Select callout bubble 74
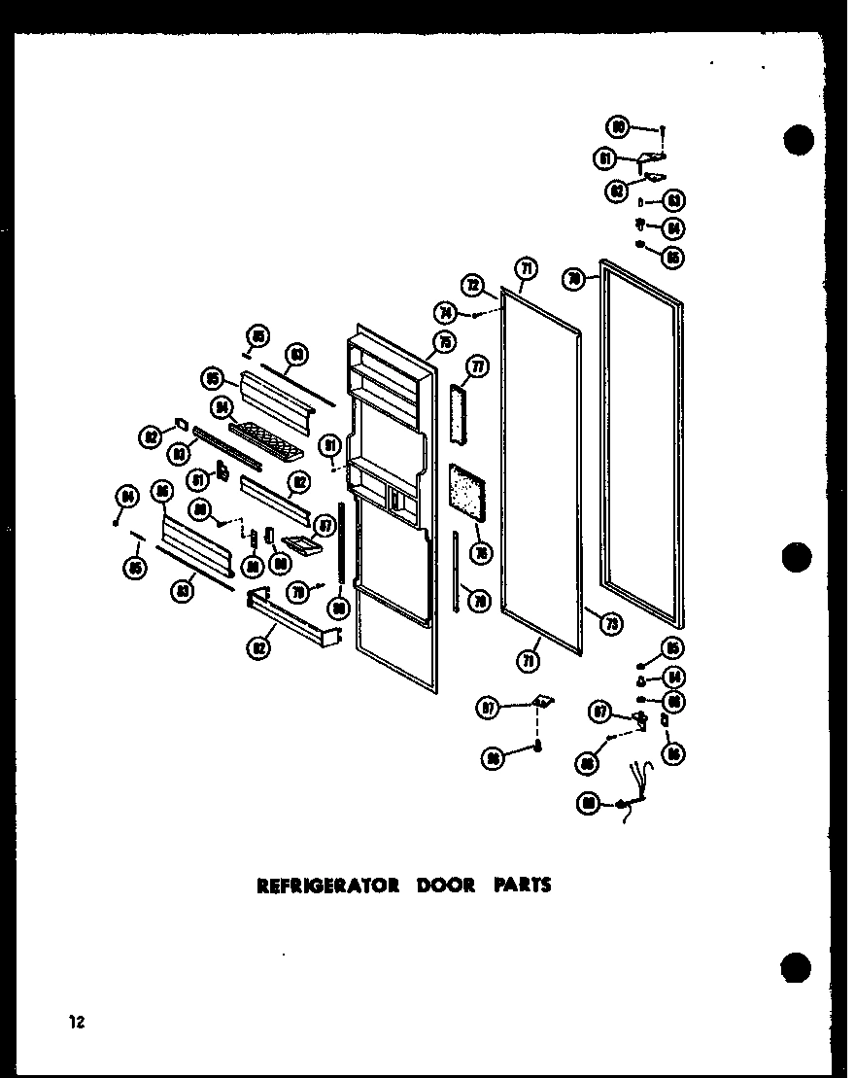pos(448,312)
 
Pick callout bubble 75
pos(445,341)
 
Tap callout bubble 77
pos(478,366)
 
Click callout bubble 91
pos(331,445)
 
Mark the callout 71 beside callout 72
pos(526,269)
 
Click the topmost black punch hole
pos(798,140)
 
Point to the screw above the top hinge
pos(663,127)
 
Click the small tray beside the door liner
pos(302,549)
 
